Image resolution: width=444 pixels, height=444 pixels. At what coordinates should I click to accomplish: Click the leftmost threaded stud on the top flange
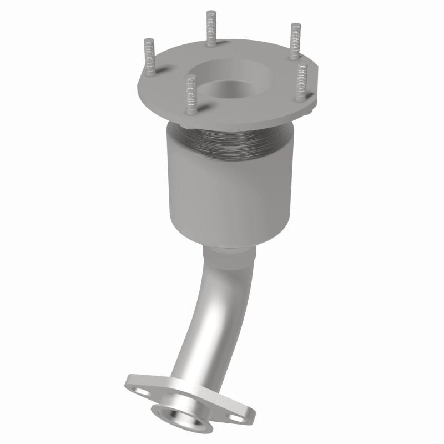[x=149, y=58]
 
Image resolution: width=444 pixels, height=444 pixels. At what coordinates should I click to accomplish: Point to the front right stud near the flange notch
[x=301, y=82]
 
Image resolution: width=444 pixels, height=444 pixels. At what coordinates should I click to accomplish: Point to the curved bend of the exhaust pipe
[x=208, y=311]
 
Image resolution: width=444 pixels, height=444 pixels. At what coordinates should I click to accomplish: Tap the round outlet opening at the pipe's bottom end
[x=178, y=415]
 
